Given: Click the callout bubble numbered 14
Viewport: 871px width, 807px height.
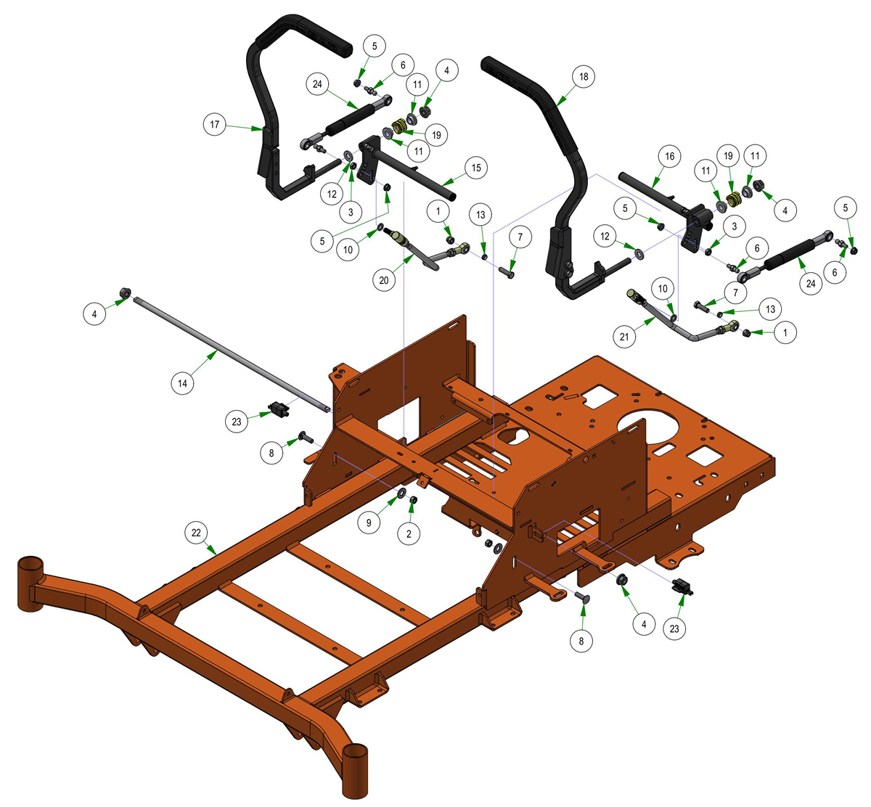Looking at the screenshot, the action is pos(182,383).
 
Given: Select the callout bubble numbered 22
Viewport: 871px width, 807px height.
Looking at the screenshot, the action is pos(196,533).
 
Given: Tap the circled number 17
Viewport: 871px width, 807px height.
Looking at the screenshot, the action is pos(214,124).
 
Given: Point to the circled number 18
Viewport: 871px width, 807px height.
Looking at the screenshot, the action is pos(584,77).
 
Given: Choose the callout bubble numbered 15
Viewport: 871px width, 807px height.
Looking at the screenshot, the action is pos(476,168).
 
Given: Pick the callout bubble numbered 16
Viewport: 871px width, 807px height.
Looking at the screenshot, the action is pos(669,156).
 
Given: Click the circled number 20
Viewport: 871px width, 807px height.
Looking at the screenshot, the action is pos(384,280).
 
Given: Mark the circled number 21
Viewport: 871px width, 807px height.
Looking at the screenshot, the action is pos(624,337).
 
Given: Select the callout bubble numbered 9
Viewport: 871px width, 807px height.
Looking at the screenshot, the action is pos(369,523).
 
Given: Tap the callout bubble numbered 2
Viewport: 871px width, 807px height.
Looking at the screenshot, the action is pos(409,533).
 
